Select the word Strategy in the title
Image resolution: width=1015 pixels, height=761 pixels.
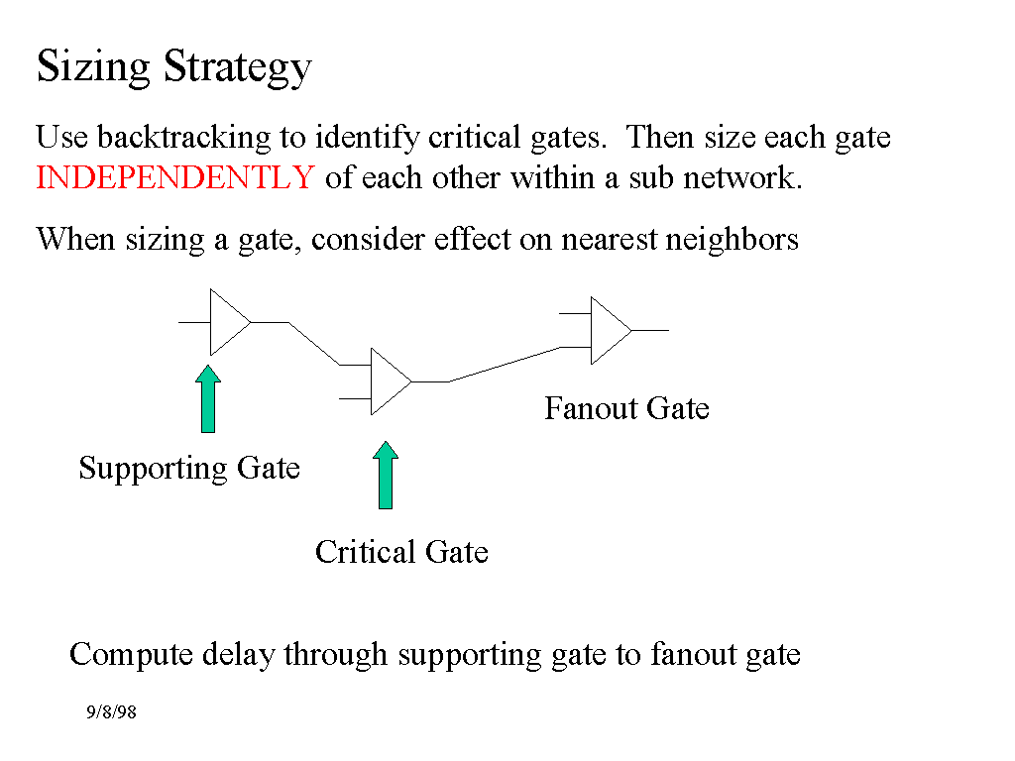click(238, 67)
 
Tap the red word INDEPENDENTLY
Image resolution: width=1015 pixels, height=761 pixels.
click(174, 178)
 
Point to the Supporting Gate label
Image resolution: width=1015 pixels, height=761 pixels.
click(189, 468)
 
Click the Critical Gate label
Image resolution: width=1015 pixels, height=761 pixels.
click(401, 552)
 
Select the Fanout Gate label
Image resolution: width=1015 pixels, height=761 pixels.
click(626, 408)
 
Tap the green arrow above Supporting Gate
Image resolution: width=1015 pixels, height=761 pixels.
click(208, 399)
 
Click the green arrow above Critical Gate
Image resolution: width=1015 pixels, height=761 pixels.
click(387, 476)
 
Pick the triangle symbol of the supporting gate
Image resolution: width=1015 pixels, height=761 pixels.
click(227, 322)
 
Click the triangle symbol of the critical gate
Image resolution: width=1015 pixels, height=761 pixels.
click(388, 381)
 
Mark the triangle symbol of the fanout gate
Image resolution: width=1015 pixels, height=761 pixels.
click(608, 330)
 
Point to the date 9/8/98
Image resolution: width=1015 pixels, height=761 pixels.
click(111, 712)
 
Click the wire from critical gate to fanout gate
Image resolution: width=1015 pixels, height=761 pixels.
click(505, 364)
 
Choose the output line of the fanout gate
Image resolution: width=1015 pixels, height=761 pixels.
click(650, 330)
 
